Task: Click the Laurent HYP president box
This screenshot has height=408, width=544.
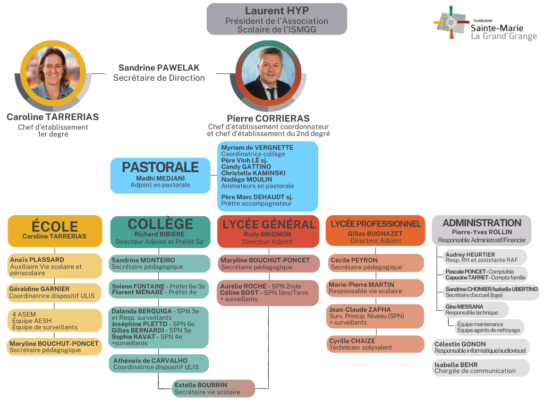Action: click(277, 19)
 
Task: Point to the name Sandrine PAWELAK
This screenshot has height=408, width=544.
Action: click(159, 68)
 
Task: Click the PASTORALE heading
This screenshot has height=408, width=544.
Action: click(160, 167)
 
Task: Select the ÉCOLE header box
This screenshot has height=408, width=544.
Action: click(55, 231)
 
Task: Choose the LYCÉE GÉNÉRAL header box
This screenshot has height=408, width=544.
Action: click(268, 231)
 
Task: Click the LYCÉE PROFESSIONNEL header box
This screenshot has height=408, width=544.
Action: click(375, 231)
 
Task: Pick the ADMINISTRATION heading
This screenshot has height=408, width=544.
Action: click(482, 223)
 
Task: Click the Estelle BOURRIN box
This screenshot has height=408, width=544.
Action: click(213, 388)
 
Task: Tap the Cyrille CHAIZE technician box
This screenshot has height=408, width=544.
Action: click(375, 344)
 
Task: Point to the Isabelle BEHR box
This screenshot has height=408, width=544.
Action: click(481, 368)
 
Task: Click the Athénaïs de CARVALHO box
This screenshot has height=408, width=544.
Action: click(160, 364)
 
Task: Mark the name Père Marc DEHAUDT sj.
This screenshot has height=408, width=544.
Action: click(257, 197)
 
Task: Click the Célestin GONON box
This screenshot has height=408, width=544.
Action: click(481, 347)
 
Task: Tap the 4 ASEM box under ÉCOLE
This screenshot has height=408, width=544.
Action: click(55, 320)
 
